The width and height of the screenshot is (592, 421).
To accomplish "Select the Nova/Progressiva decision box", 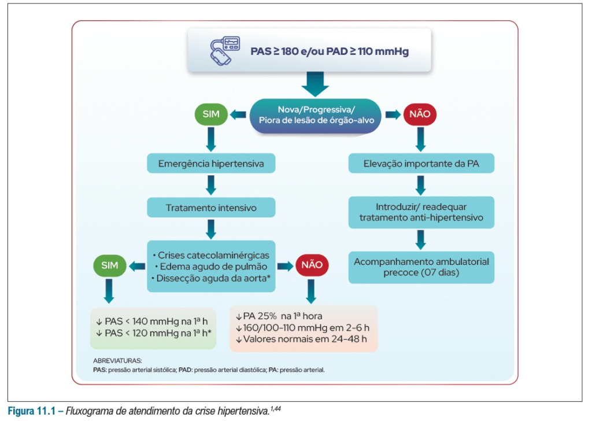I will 315,115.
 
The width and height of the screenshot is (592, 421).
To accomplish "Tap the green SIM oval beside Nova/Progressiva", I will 211,115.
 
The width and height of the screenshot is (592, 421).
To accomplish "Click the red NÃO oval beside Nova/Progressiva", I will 420,115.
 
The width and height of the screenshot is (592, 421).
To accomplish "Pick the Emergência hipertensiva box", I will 211,164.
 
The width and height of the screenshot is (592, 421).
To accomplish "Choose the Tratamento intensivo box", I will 211,207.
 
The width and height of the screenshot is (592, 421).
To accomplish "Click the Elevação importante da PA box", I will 421,164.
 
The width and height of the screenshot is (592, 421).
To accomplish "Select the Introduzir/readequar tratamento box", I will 421,212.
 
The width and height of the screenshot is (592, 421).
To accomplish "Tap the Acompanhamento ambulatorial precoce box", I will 421,267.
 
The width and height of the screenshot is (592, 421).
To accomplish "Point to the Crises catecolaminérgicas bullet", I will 211,256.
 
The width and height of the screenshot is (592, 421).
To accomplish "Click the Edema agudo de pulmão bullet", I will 211,267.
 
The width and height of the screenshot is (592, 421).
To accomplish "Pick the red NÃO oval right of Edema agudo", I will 313,265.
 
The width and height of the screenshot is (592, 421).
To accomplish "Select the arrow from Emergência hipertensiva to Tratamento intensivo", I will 211,185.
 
